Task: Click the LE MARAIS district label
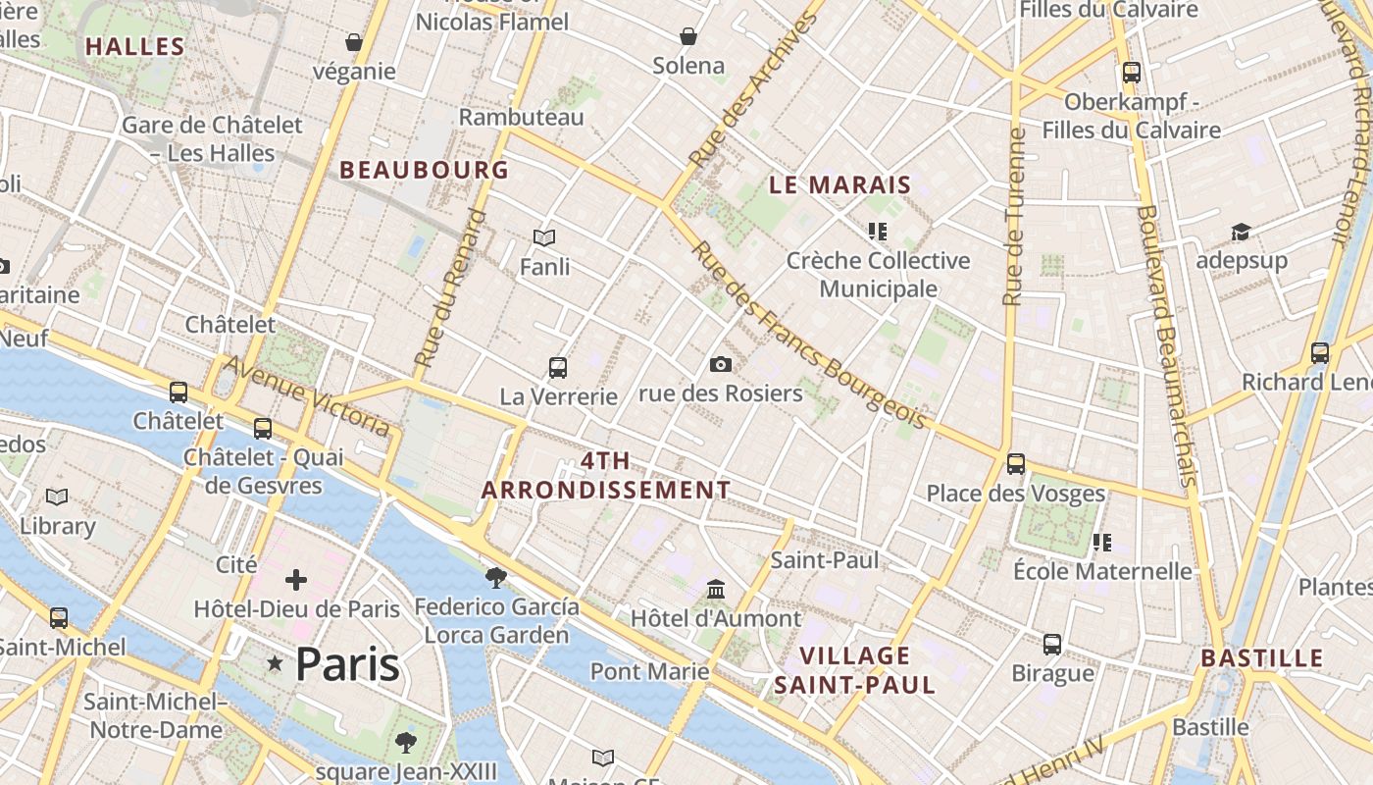[839, 184]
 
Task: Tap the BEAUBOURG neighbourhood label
[424, 170]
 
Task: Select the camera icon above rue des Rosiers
[721, 365]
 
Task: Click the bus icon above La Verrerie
[558, 368]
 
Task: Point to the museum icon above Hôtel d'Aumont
[716, 590]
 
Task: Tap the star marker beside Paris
[275, 664]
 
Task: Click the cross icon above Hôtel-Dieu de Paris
[296, 580]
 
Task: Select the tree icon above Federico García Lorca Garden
[496, 577]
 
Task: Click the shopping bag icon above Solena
[688, 36]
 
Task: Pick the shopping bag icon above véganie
[354, 42]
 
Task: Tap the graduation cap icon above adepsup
[1241, 233]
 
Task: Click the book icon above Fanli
[544, 237]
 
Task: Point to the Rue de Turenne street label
[1014, 216]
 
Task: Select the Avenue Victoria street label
[307, 395]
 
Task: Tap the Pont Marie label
[649, 671]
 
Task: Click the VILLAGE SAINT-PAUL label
[855, 670]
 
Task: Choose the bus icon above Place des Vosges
[1016, 463]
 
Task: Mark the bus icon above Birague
[1052, 645]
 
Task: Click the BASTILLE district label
[1262, 657]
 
